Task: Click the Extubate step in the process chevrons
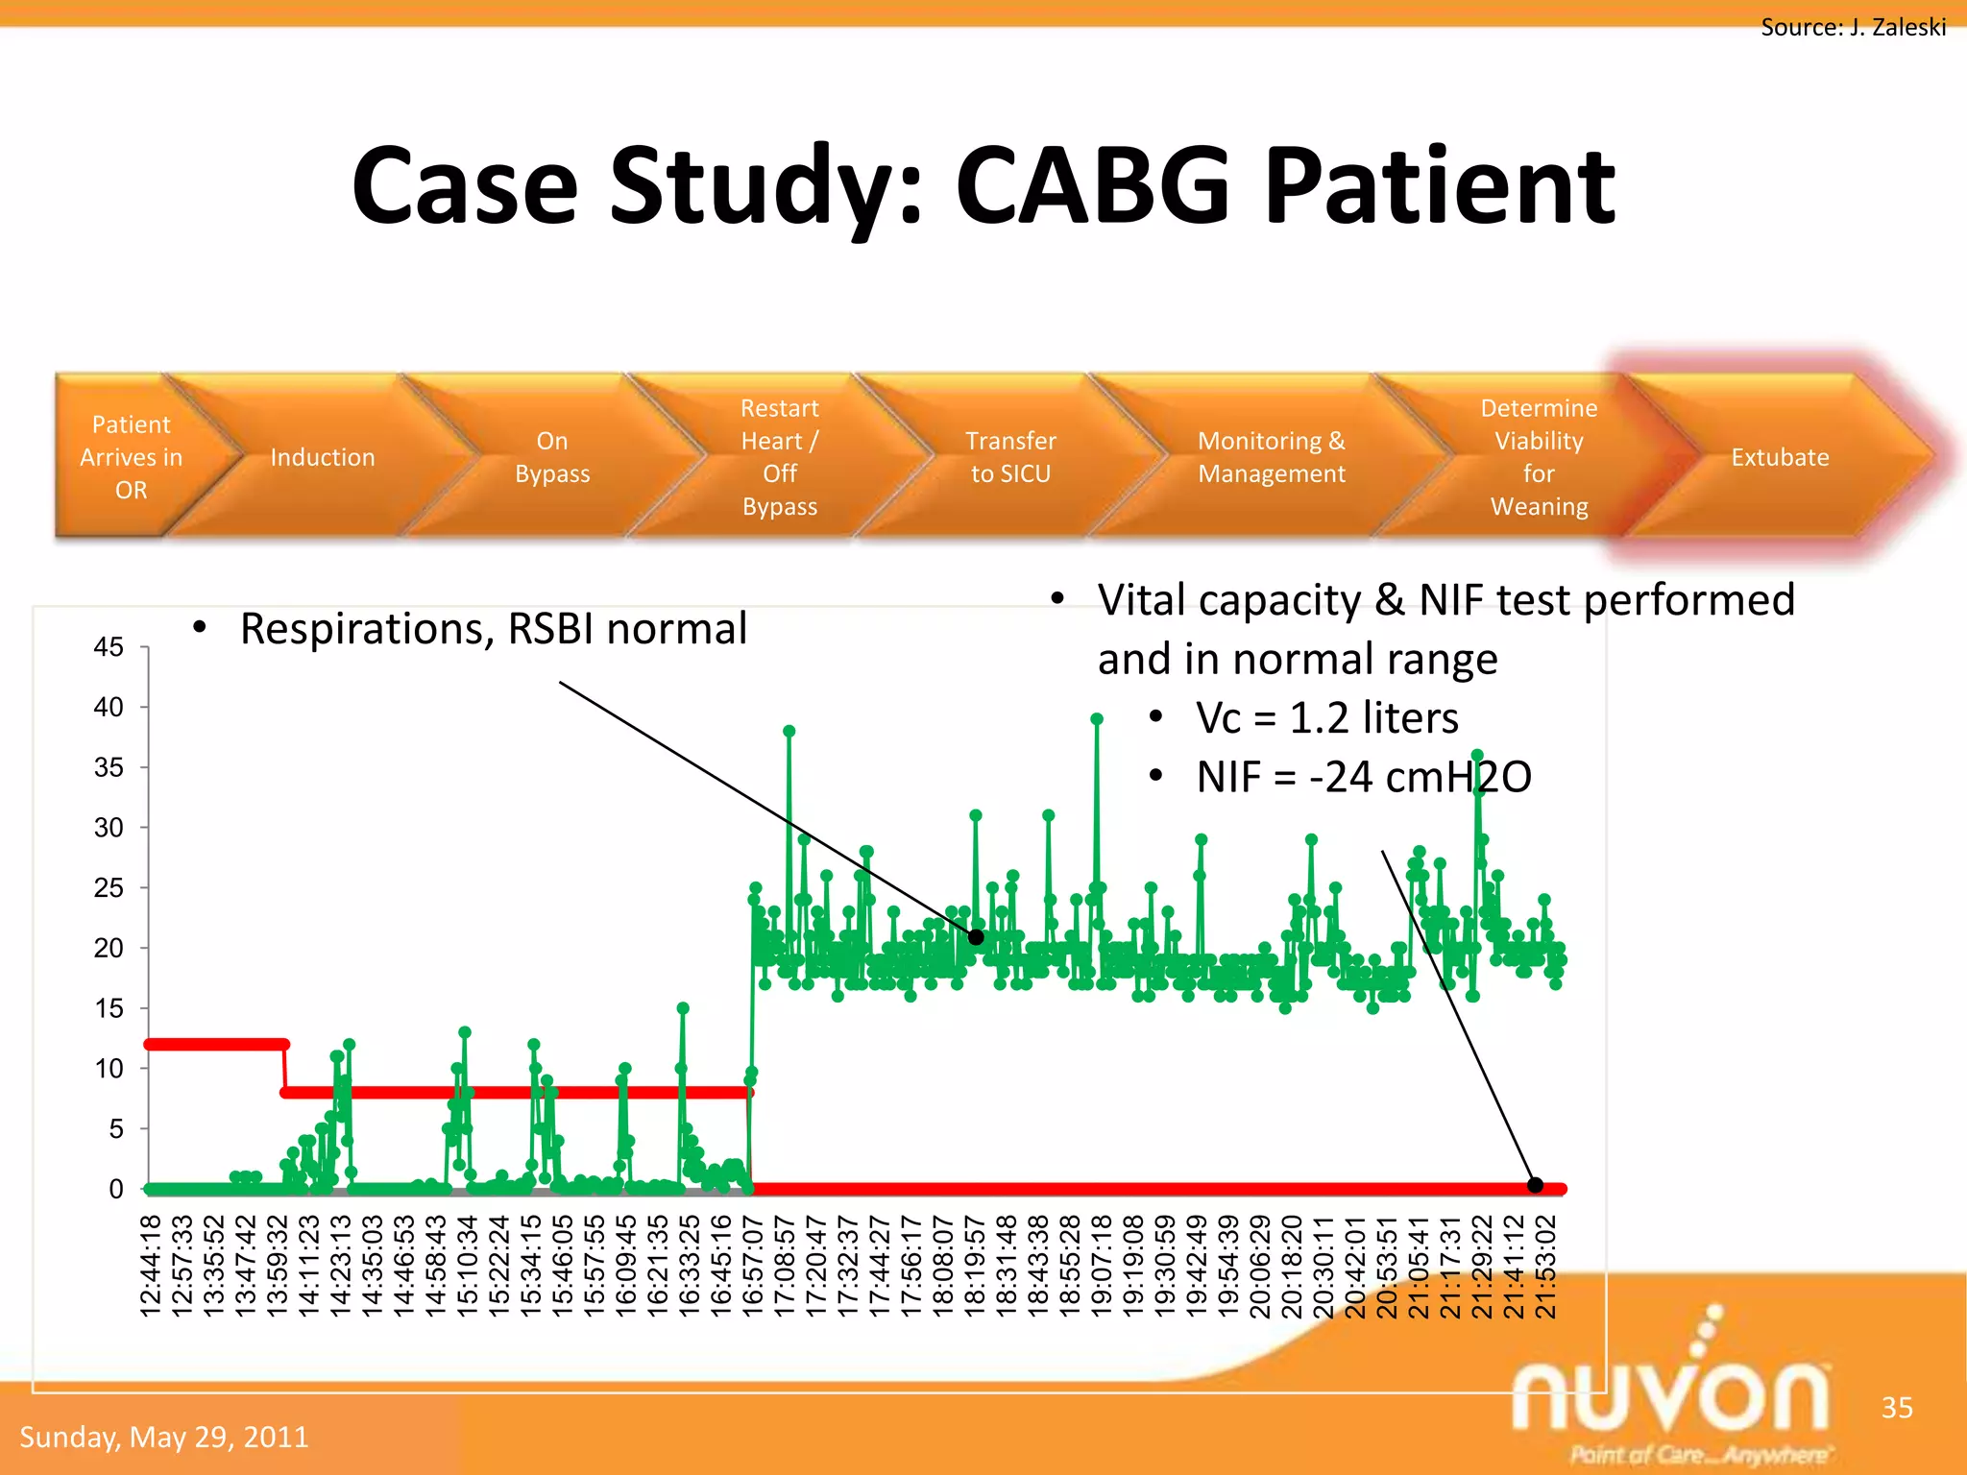pyautogui.click(x=1780, y=457)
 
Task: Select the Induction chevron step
pyautogui.click(x=322, y=457)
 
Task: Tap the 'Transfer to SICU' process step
pyautogui.click(x=1010, y=457)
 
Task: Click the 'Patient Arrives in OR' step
pyautogui.click(x=131, y=457)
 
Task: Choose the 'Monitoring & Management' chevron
pyautogui.click(x=1271, y=457)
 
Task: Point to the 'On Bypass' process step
pyautogui.click(x=551, y=457)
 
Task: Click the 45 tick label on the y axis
pyautogui.click(x=109, y=647)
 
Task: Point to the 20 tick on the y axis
pyautogui.click(x=109, y=948)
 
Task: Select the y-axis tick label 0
pyautogui.click(x=116, y=1189)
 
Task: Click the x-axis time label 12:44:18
pyautogui.click(x=151, y=1266)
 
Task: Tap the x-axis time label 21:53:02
pyautogui.click(x=1545, y=1266)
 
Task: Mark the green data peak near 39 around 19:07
pyautogui.click(x=1097, y=719)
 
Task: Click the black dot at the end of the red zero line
pyautogui.click(x=1535, y=1185)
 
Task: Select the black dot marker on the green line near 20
pyautogui.click(x=976, y=937)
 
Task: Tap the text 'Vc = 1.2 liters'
pyautogui.click(x=1326, y=718)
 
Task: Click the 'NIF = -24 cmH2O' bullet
pyautogui.click(x=1363, y=777)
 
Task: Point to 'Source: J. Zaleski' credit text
pyautogui.click(x=1853, y=27)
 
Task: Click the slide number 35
pyautogui.click(x=1896, y=1408)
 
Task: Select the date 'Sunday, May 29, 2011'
pyautogui.click(x=164, y=1437)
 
